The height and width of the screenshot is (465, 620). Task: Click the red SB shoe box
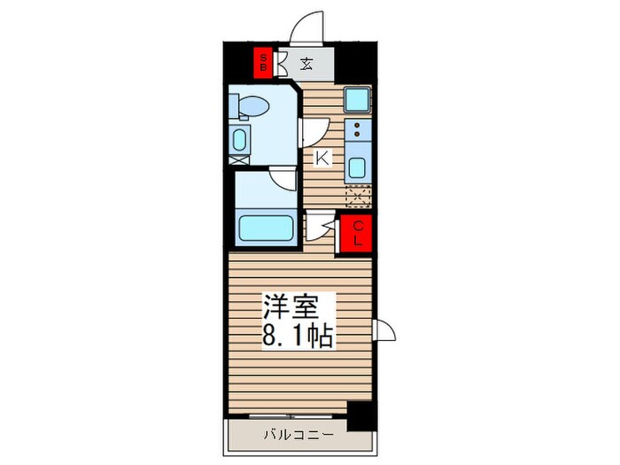pos(263,62)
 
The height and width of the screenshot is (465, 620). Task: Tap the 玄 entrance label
pos(306,63)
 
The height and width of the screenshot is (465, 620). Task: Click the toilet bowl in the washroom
pos(255,107)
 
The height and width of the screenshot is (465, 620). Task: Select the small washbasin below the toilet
pos(239,140)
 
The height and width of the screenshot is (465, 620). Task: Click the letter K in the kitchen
pos(323,159)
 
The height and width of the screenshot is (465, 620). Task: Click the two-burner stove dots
pos(358,131)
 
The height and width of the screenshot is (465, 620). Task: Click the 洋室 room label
pos(287,306)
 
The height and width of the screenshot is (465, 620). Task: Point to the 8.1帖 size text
pos(297,337)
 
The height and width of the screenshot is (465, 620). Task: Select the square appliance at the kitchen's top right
pos(358,99)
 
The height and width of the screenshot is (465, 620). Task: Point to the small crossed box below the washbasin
pos(237,162)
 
